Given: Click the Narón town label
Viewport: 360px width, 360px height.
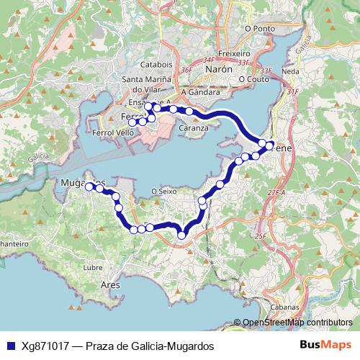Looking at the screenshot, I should click(x=219, y=69).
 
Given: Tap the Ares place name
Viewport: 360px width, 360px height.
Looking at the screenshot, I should click(x=110, y=285).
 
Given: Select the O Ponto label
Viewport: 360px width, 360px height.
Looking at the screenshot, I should click(x=260, y=29).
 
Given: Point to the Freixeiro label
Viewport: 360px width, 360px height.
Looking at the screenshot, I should click(x=233, y=54).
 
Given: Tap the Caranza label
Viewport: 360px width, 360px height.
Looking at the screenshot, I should click(x=194, y=127).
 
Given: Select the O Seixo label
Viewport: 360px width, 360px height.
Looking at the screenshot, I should click(x=164, y=191).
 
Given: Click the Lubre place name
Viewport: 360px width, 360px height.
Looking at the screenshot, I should click(x=94, y=267).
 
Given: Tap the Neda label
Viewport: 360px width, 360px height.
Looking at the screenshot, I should click(x=291, y=72).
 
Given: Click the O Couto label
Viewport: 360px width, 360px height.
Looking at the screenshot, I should click(x=253, y=79).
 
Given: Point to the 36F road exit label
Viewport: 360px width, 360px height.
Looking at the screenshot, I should click(x=186, y=69).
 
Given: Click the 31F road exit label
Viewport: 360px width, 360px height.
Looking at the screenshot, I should click(x=292, y=91).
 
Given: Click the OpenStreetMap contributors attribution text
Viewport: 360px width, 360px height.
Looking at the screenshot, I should click(x=297, y=323).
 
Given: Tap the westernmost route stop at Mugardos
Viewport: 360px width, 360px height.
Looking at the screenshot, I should click(x=89, y=186).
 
